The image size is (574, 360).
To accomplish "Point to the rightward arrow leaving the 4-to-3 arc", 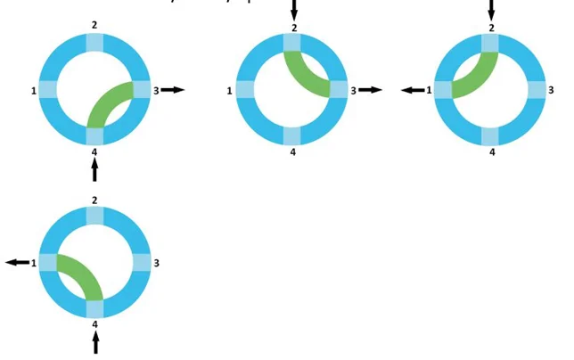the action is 173,90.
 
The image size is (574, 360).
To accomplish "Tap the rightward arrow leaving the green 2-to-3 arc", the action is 370,90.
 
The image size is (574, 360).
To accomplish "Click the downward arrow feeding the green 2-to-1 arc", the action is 491,10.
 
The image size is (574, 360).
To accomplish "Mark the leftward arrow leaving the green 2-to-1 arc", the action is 412,90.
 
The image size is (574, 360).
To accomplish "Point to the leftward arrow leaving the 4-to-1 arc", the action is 17,262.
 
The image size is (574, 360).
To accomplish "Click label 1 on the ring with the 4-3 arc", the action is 33,90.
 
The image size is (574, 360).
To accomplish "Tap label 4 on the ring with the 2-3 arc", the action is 293,151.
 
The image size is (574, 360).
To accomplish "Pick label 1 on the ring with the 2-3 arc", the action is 230,90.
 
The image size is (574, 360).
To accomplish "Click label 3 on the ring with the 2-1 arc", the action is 552,90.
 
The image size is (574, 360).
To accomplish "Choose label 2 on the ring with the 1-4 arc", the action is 94,200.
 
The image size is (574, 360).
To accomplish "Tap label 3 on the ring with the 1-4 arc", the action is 157,263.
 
